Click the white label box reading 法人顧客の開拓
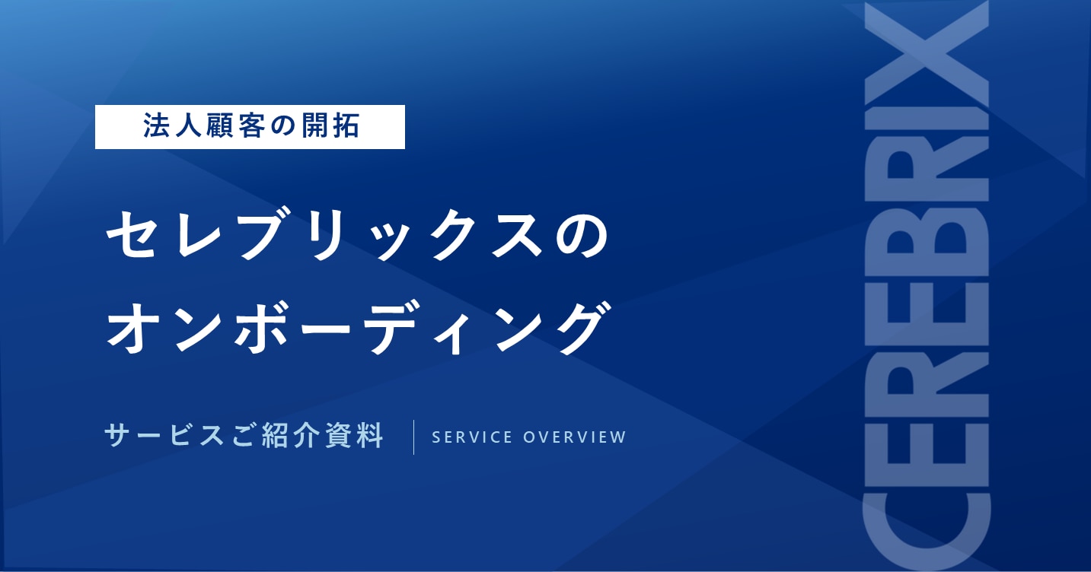coord(250,127)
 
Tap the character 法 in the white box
coord(155,127)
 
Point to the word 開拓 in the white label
coord(328,127)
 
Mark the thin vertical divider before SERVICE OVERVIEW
coord(413,437)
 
